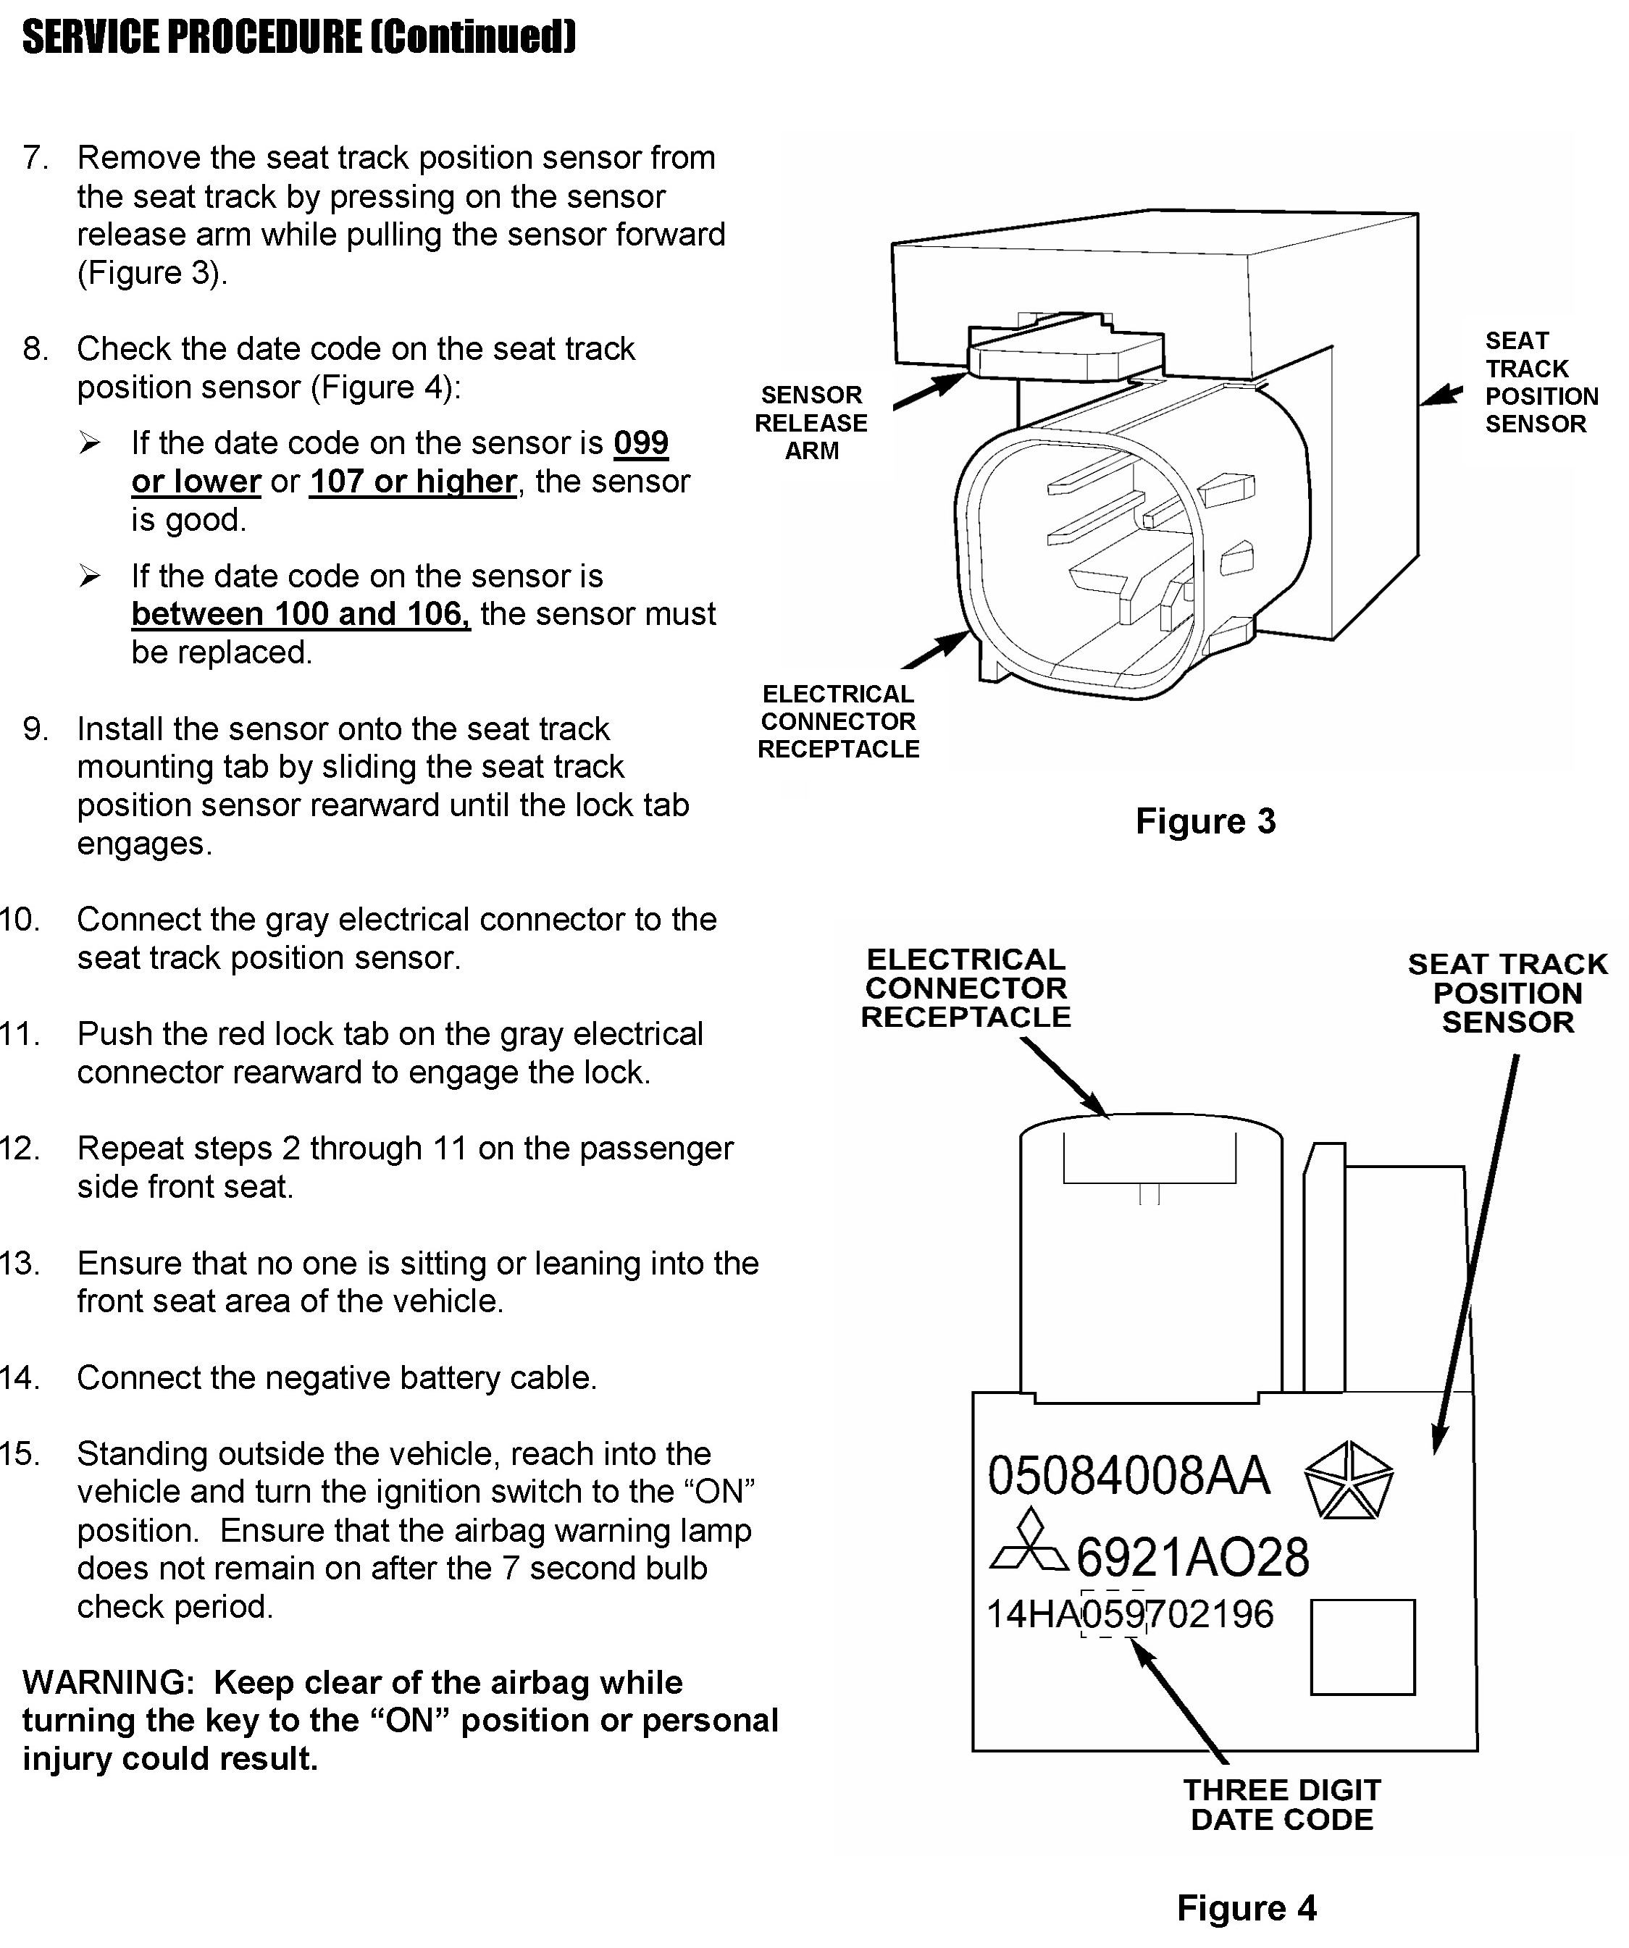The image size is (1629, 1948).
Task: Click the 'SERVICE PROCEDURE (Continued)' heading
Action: [298, 38]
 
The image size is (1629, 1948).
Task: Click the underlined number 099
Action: [640, 443]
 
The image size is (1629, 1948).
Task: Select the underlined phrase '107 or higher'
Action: [413, 482]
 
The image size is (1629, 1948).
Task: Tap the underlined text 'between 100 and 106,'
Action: [301, 614]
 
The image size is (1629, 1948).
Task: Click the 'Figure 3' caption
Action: [1205, 822]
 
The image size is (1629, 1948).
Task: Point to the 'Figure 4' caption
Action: [1246, 1908]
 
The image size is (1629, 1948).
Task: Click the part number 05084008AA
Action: [1128, 1477]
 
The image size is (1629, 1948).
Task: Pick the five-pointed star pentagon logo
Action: [1348, 1480]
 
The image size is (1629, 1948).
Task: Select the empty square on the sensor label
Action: [1362, 1647]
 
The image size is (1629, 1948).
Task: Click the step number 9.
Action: [35, 729]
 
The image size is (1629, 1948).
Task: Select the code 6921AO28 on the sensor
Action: [1192, 1558]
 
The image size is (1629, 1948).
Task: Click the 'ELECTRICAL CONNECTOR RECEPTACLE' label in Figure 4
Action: [965, 988]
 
